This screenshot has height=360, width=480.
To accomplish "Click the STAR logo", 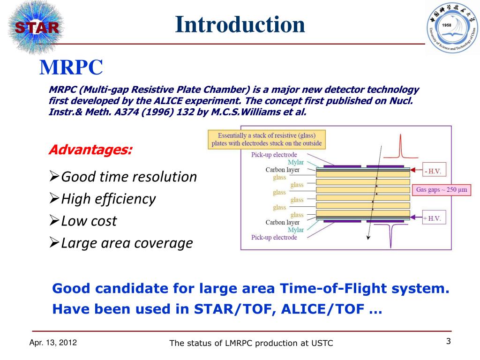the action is point(36,28).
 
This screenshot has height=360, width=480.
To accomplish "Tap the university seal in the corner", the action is point(453,27).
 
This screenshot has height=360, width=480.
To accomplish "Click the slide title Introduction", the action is point(240,24).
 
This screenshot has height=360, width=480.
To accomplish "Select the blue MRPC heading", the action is point(71,67).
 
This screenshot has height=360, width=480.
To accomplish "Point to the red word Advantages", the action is point(90,150).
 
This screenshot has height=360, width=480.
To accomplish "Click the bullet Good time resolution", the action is point(123,177).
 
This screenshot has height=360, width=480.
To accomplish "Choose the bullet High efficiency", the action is point(103,199).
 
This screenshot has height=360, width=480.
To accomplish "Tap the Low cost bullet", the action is point(83,221).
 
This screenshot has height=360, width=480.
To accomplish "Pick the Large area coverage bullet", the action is point(121,243).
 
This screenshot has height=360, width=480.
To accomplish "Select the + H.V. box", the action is point(434,217).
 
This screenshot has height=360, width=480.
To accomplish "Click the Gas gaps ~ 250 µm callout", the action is point(442,190).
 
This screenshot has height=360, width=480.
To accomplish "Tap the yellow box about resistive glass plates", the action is point(267,140).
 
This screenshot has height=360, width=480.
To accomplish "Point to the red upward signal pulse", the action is point(400,147).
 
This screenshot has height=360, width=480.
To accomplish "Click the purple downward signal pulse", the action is point(391,235).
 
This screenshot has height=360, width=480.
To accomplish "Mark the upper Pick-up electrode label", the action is point(274,155).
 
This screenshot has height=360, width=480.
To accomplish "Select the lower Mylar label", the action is point(296,230).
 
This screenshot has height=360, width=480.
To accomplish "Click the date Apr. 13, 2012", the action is point(53,343).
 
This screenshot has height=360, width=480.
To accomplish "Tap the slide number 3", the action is point(449,341).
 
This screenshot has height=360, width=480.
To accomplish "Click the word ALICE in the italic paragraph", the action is point(168,101).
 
